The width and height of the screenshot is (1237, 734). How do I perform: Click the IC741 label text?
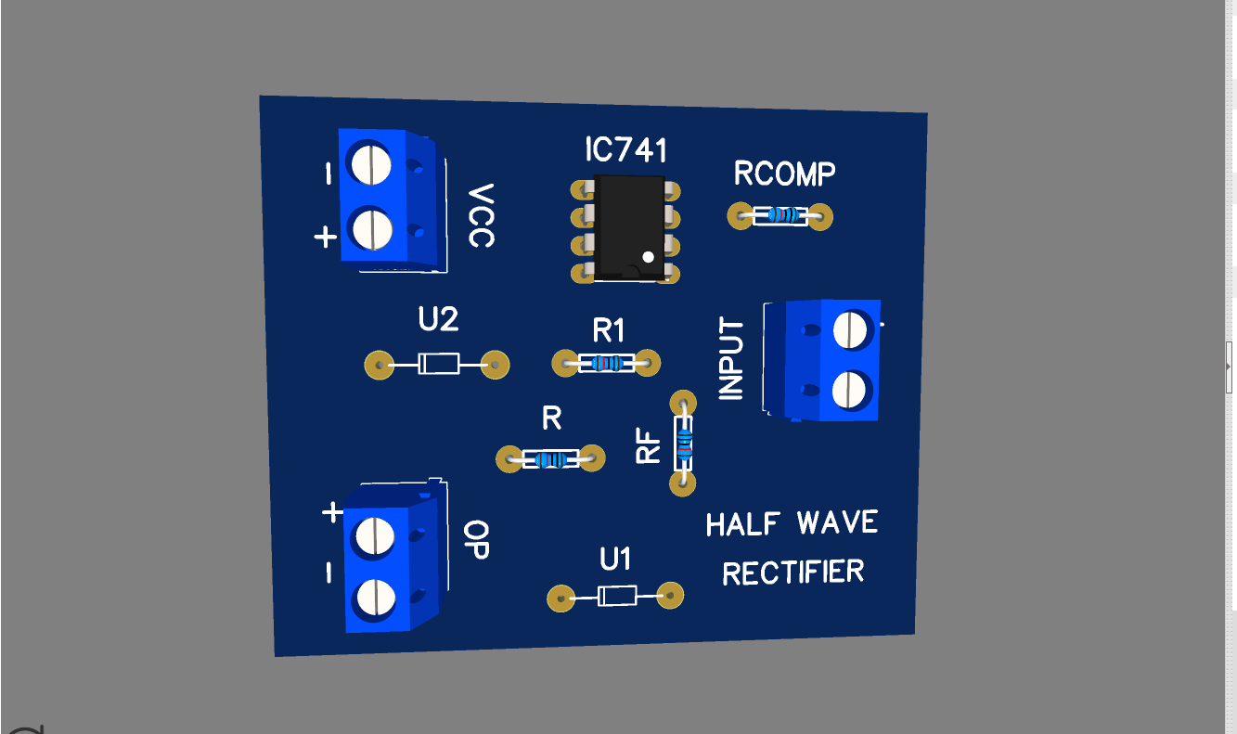click(x=626, y=150)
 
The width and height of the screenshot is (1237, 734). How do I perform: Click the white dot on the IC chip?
click(x=648, y=257)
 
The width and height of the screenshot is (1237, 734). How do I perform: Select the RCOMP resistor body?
click(x=780, y=216)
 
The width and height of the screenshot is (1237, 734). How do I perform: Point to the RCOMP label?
click(x=784, y=174)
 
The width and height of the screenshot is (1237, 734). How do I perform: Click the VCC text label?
click(x=481, y=215)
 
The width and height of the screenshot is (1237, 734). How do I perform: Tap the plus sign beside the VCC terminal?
click(x=325, y=238)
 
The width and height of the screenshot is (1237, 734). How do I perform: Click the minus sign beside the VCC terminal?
click(x=328, y=174)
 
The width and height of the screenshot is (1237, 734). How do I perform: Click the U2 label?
click(x=438, y=320)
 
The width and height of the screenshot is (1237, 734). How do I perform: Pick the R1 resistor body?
click(x=607, y=363)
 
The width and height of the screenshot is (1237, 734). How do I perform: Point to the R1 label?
click(x=609, y=329)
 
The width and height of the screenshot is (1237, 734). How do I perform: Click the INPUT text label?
click(x=732, y=359)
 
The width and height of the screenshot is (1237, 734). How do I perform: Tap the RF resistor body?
click(x=685, y=444)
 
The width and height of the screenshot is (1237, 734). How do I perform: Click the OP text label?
click(x=476, y=540)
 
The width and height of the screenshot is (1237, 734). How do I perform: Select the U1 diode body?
click(x=616, y=596)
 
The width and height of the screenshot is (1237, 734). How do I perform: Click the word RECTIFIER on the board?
click(x=792, y=573)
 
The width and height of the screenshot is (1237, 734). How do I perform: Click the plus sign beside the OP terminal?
click(x=331, y=512)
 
